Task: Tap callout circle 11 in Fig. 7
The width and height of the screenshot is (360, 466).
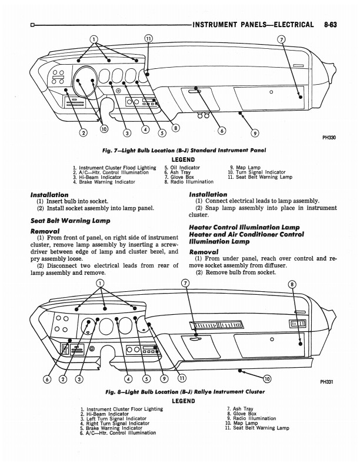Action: [148, 39]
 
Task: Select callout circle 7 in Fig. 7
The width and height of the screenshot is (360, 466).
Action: [281, 39]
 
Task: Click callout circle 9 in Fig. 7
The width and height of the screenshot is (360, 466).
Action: [255, 132]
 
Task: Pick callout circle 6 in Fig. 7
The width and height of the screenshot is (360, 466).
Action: [222, 131]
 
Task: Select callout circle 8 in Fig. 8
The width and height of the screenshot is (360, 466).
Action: [292, 284]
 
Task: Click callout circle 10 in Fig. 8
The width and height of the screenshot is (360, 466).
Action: [267, 378]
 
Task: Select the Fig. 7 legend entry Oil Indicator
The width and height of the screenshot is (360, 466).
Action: [182, 167]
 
